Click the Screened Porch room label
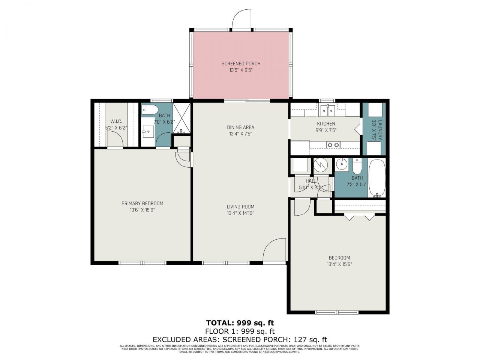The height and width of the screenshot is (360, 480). [x=241, y=64]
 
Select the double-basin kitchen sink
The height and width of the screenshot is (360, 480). [x=328, y=111]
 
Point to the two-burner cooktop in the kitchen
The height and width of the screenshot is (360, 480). [x=333, y=144]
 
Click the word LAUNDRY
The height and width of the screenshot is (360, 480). [x=380, y=130]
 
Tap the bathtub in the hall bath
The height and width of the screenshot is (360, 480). [x=377, y=178]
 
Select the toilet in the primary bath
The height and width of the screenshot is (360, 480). [x=150, y=109]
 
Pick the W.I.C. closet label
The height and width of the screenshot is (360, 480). [x=116, y=121]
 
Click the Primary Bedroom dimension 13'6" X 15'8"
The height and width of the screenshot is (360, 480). [x=142, y=210]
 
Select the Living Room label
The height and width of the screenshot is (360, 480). [x=240, y=207]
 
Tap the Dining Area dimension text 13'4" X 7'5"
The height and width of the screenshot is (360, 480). [x=240, y=134]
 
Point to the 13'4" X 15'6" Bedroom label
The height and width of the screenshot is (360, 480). [x=339, y=264]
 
